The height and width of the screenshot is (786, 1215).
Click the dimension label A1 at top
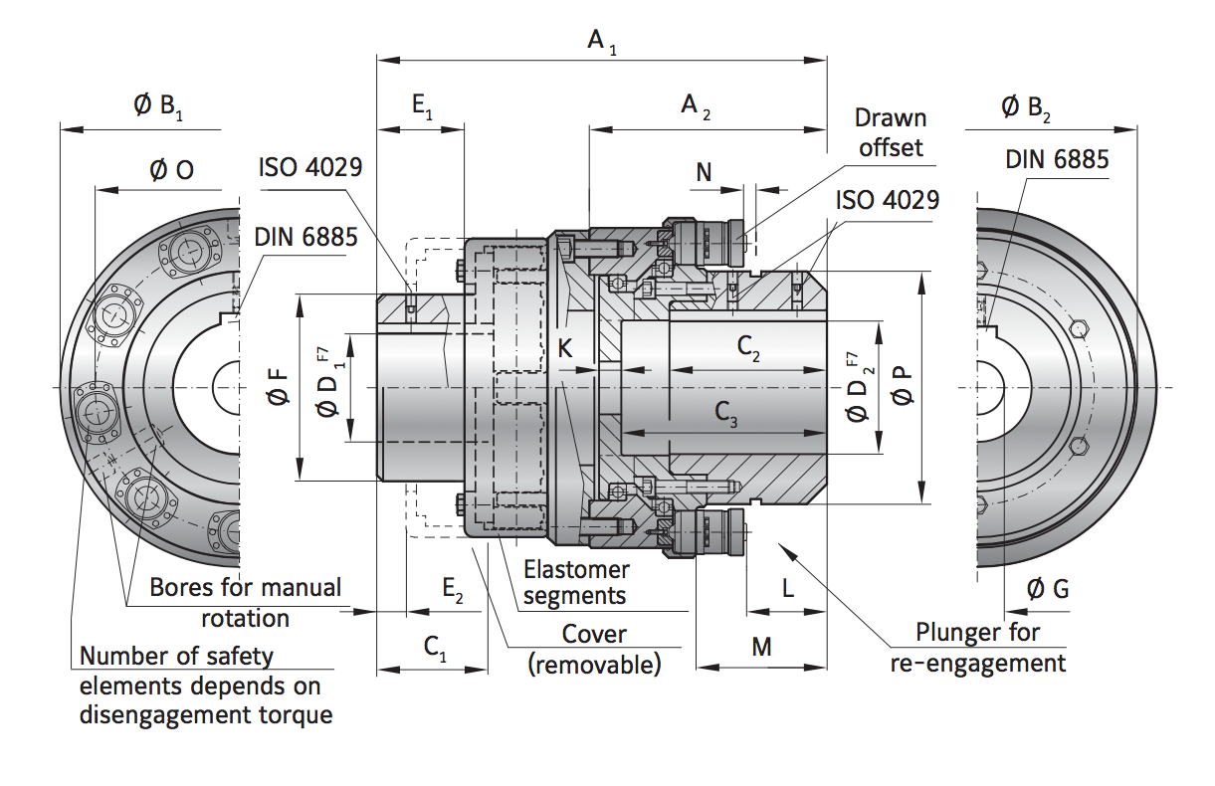coord(601,41)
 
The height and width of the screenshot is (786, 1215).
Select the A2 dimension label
coord(695,106)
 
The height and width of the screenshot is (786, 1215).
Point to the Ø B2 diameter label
coord(1025,106)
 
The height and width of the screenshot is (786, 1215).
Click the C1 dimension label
coord(435,648)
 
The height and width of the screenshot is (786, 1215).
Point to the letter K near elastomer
coord(565,348)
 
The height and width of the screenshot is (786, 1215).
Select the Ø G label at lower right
coord(1047,589)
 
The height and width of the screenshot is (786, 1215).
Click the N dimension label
coord(704,171)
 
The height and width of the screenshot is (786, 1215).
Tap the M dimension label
coord(761,648)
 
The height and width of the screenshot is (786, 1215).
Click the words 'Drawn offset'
coord(891,132)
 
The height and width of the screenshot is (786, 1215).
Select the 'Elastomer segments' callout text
coord(576,583)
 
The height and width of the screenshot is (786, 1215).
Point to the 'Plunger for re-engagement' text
coord(977,647)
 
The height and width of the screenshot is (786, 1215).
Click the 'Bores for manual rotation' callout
coord(245,602)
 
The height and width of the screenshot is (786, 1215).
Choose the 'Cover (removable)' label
coord(594,649)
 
